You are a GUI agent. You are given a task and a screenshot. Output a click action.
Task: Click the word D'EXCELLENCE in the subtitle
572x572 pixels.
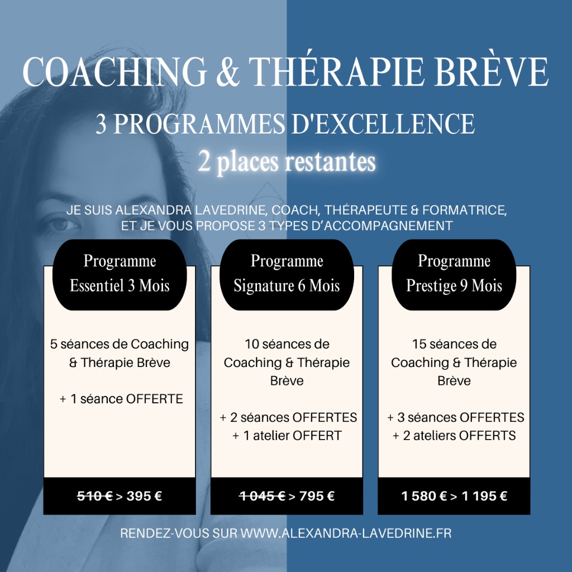pos(380,124)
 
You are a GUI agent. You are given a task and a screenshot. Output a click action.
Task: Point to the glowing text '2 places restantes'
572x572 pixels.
pos(287,161)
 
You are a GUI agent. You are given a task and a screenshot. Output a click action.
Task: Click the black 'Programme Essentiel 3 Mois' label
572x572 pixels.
pos(120,274)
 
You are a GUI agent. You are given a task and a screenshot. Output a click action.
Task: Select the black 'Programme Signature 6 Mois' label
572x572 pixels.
pos(287,274)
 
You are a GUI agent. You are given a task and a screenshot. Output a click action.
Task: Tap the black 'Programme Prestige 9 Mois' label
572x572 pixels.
pos(454,274)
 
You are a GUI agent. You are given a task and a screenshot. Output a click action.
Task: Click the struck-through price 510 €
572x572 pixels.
pos(94,496)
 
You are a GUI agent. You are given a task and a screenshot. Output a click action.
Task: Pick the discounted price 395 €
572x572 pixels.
pos(144,496)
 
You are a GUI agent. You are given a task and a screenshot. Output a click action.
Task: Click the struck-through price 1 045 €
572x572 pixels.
pos(261,496)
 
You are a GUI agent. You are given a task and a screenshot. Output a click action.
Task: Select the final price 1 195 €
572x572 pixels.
pos(484,496)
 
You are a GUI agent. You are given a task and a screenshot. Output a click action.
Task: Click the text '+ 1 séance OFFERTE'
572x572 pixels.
pos(121,399)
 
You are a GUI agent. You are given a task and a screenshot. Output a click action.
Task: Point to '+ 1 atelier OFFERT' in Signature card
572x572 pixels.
pos(287,436)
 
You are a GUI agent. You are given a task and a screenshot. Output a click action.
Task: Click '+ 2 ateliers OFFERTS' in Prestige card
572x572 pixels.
pos(454,436)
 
